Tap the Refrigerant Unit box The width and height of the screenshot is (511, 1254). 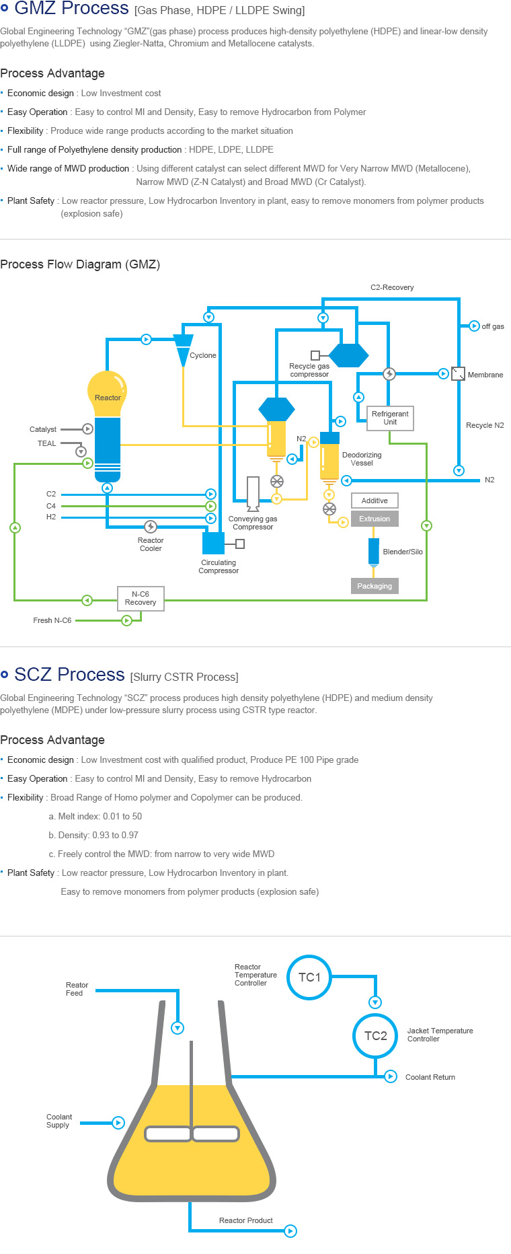point(390,418)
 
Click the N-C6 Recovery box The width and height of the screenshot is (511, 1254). point(141,598)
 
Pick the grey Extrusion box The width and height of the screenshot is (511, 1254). point(375,519)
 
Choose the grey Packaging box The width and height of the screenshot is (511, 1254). point(375,586)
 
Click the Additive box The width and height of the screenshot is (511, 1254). point(375,501)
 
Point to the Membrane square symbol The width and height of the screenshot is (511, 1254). point(458,373)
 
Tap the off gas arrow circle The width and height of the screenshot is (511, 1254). point(474,326)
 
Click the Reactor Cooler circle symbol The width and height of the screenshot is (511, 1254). point(151,527)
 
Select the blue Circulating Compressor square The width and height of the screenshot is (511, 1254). point(214,543)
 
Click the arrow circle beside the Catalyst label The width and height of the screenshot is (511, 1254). point(87,429)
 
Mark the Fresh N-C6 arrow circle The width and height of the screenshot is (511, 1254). point(126,620)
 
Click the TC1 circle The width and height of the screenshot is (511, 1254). point(309,978)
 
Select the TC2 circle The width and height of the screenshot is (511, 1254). point(375,1036)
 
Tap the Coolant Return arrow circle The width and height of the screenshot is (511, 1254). point(391,1076)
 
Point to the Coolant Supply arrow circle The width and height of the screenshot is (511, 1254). point(118,1122)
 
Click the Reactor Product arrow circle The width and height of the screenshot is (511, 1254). point(290,1231)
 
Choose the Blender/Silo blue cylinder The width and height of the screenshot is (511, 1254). point(374,551)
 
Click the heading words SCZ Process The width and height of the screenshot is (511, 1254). point(69,675)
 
